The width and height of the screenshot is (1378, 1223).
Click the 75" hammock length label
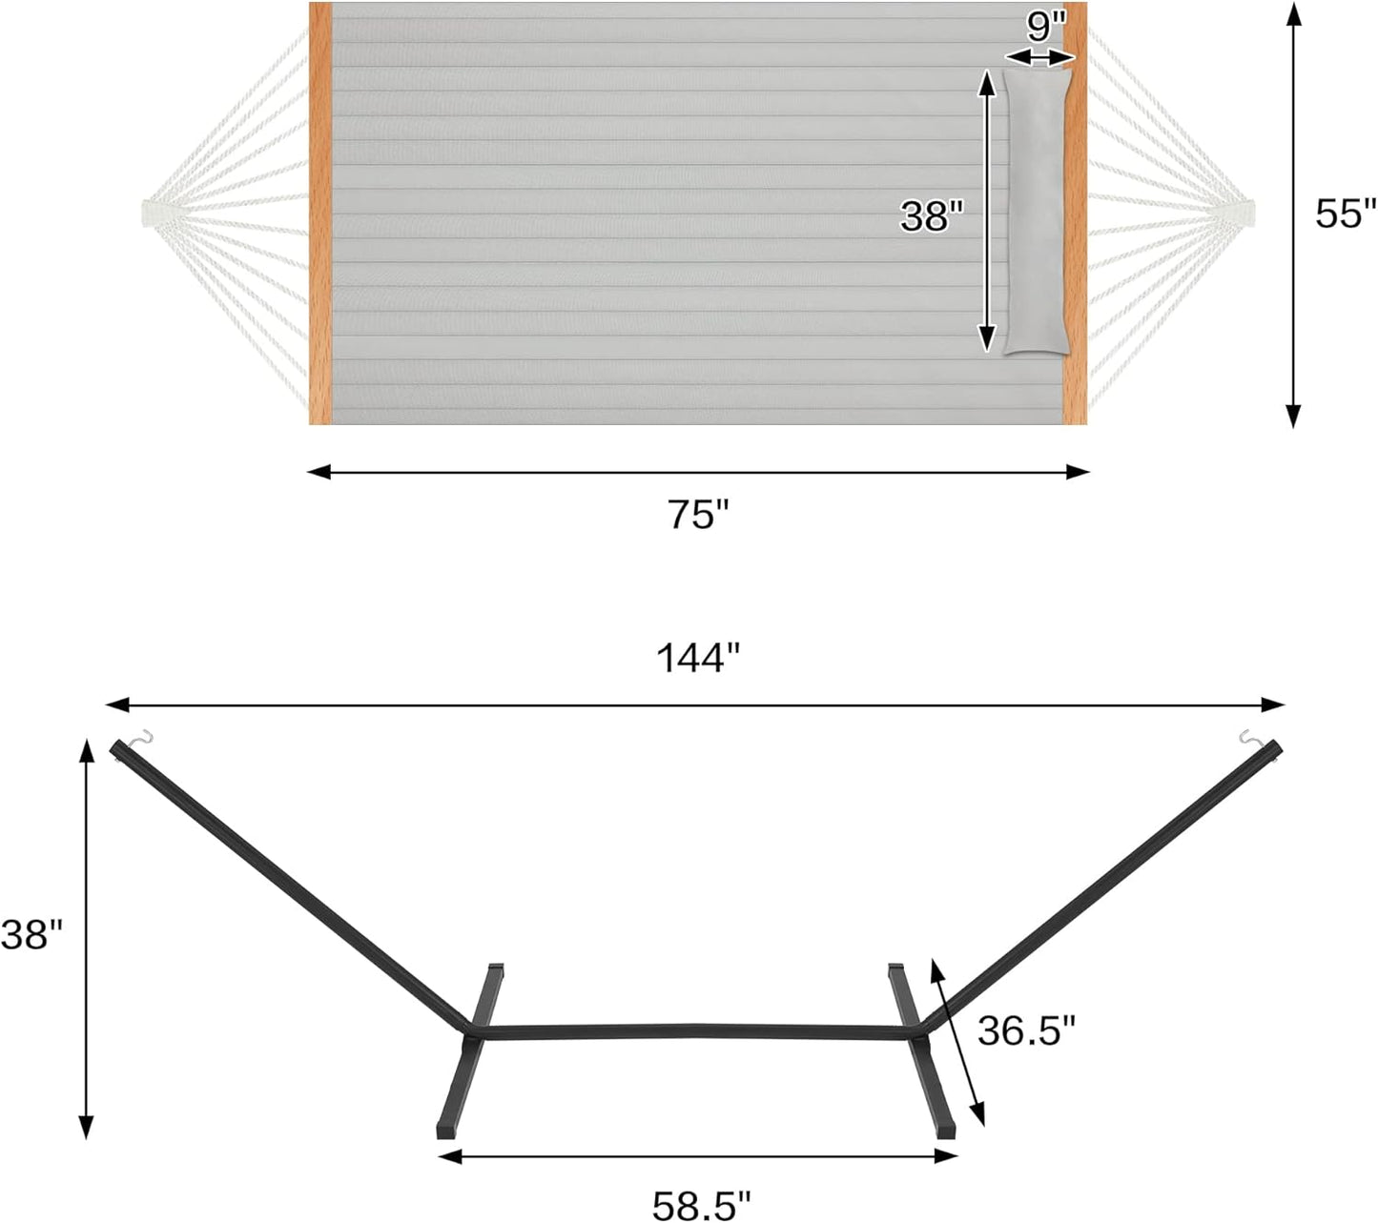pyautogui.click(x=698, y=515)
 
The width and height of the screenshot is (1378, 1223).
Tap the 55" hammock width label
pyautogui.click(x=1346, y=214)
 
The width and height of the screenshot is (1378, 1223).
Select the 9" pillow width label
pyautogui.click(x=1045, y=26)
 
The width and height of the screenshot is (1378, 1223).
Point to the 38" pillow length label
pyautogui.click(x=927, y=216)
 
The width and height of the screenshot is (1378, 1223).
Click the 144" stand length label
pyautogui.click(x=698, y=658)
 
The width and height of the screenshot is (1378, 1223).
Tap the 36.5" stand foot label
pyautogui.click(x=1026, y=1030)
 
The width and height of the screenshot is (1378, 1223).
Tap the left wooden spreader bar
pyautogui.click(x=320, y=214)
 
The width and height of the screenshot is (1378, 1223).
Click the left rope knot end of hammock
pyautogui.click(x=155, y=213)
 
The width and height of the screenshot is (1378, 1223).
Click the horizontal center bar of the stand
pyautogui.click(x=696, y=1031)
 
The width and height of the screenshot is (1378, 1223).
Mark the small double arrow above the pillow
pyautogui.click(x=1039, y=58)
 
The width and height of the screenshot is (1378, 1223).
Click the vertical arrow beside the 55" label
pyautogui.click(x=1293, y=214)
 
